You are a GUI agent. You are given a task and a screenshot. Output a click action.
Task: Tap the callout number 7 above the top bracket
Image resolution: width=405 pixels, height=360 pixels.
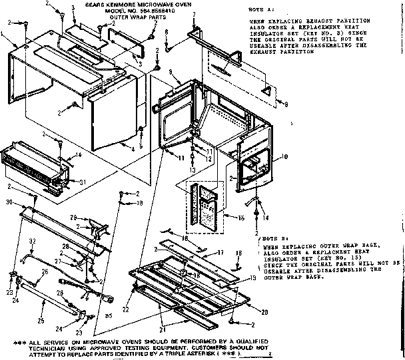[x=193, y=14]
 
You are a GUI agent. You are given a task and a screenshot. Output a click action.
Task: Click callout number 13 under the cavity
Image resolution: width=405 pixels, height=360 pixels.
[x=192, y=170]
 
